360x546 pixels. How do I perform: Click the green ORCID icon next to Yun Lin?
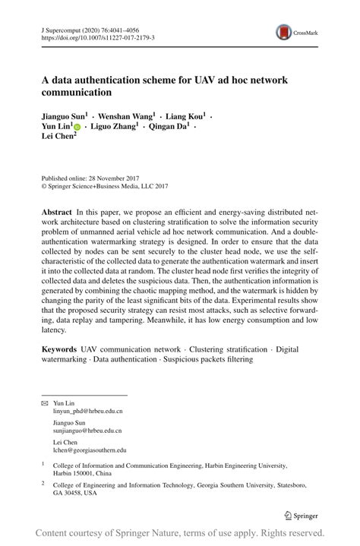pyautogui.click(x=77, y=128)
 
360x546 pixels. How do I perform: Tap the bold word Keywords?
pyautogui.click(x=59, y=349)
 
